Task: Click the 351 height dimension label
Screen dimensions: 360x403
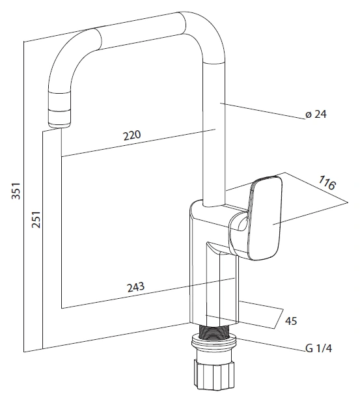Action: [16, 191]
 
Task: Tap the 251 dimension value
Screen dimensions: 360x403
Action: [36, 219]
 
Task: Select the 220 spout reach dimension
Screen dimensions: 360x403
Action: [132, 135]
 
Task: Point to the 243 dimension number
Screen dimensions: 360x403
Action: [136, 287]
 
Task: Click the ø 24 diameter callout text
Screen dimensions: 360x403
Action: [316, 114]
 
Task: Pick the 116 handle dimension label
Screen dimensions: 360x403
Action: [327, 183]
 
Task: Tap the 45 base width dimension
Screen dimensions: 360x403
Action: [291, 321]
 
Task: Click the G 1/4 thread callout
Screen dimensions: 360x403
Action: [318, 348]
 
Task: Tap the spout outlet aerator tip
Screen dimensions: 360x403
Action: [59, 118]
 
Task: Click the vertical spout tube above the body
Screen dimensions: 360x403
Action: [214, 133]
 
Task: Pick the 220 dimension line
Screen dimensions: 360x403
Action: [138, 143]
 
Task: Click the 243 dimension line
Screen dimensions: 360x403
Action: [148, 293]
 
